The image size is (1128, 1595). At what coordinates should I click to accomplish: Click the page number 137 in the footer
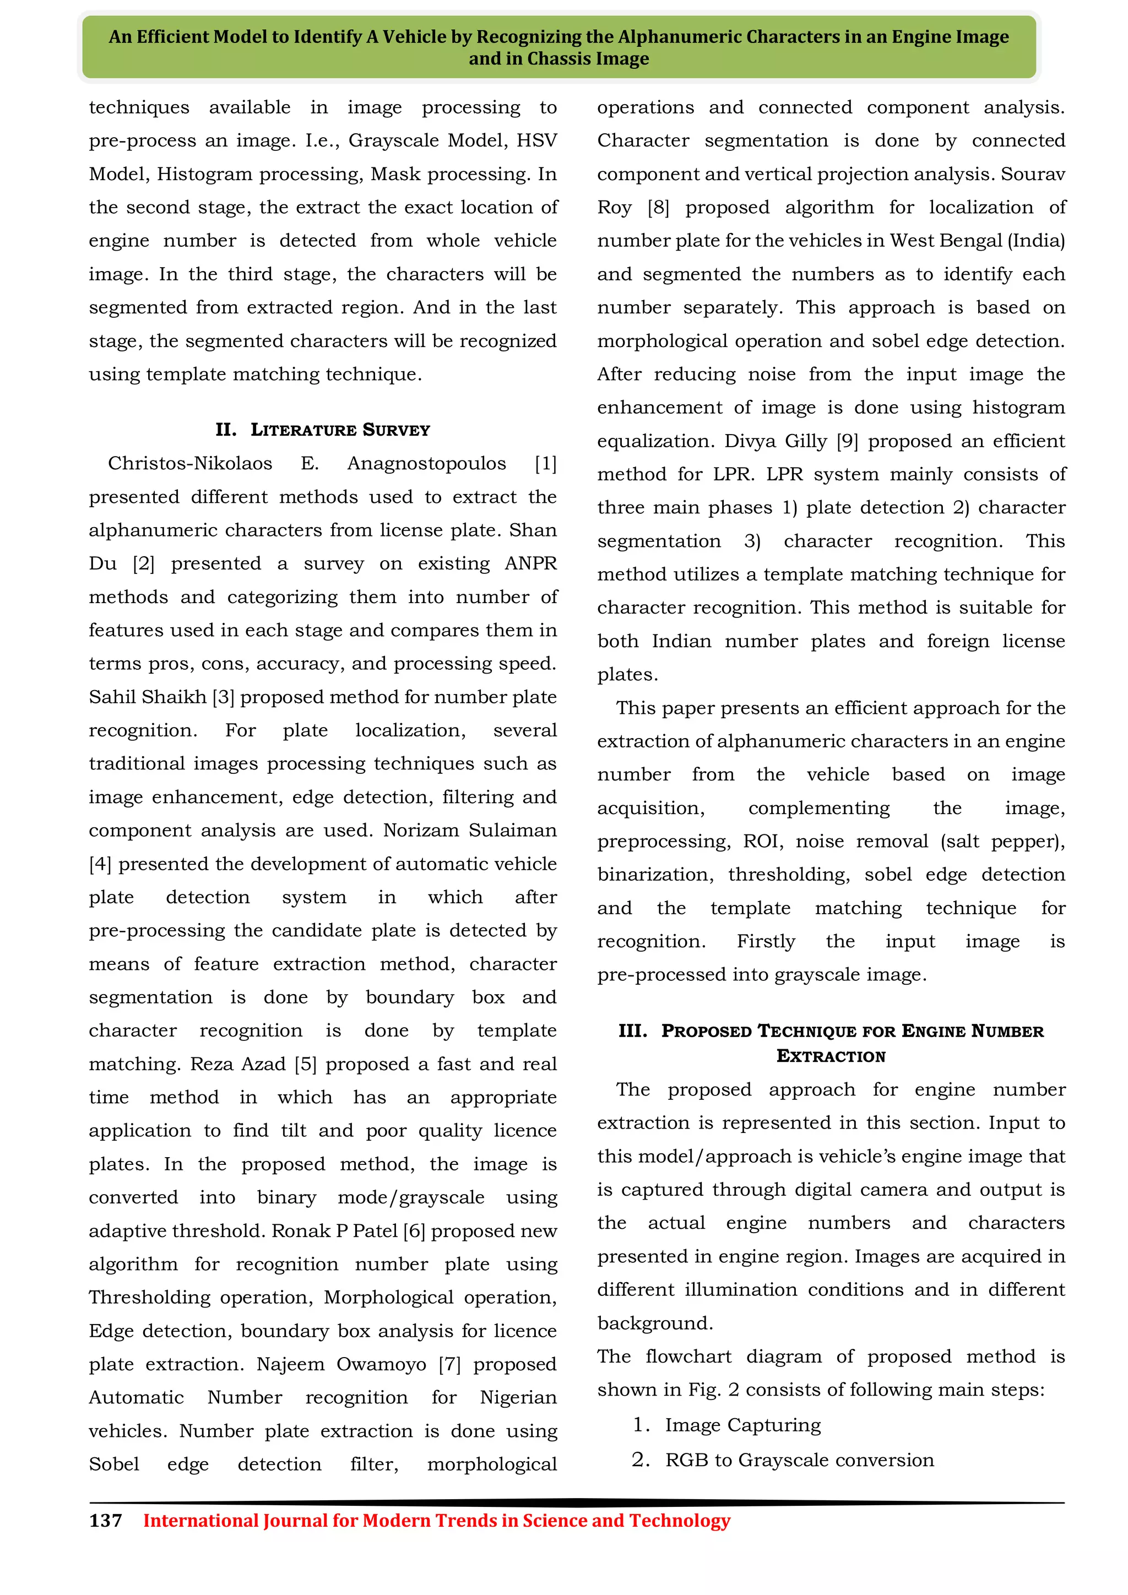coord(106,1521)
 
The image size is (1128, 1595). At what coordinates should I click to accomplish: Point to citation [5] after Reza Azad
coord(306,1064)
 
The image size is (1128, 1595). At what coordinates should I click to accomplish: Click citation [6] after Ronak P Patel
coord(414,1231)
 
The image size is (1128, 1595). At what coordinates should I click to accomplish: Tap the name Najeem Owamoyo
coord(341,1364)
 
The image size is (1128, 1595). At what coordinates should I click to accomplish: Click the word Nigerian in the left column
coord(518,1398)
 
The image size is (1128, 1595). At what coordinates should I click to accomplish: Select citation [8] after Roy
coord(659,208)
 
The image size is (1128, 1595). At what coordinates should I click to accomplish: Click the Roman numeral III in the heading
coord(632,1031)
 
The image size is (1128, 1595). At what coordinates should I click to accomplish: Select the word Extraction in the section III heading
coord(831,1056)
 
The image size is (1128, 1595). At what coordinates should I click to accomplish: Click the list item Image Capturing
coord(742,1425)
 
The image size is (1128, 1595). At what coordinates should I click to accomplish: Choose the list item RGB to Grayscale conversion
coord(799,1460)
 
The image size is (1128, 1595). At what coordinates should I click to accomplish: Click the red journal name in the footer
coord(436,1521)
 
